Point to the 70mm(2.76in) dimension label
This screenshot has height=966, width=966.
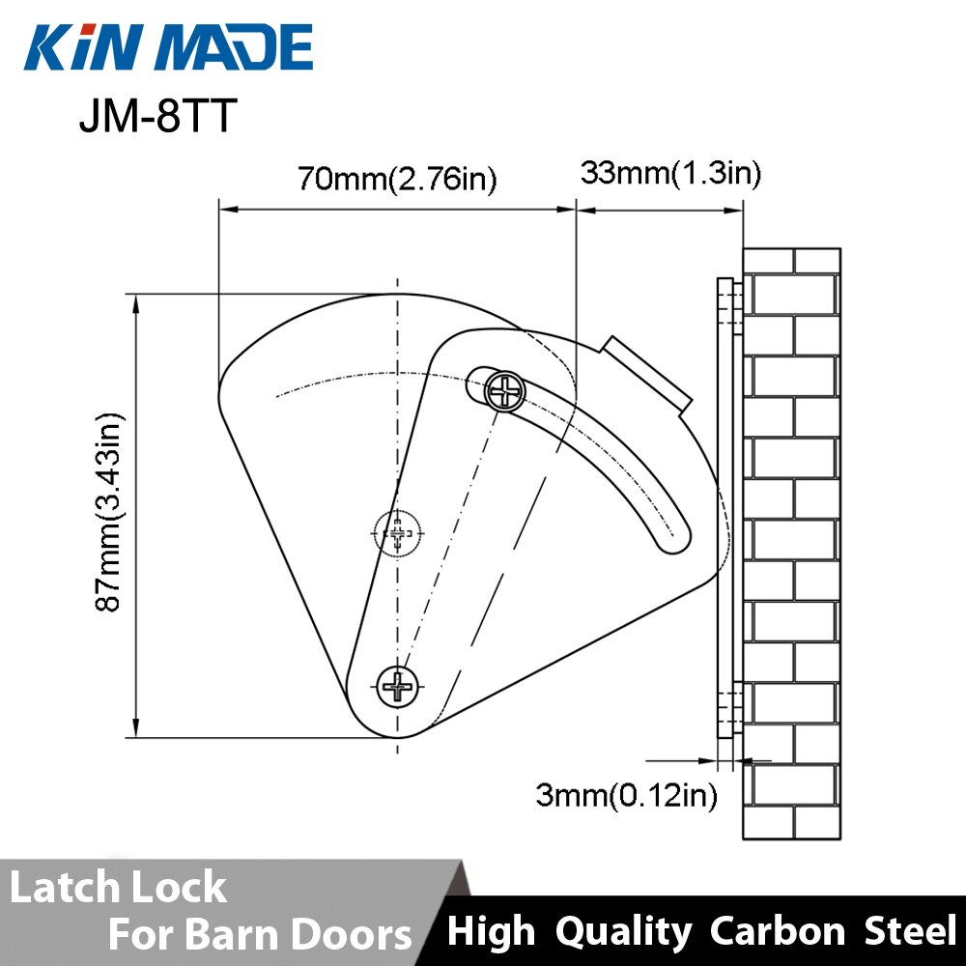point(397,180)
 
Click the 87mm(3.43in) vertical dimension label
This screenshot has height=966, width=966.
point(109,513)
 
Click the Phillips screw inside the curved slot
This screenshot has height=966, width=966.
point(505,391)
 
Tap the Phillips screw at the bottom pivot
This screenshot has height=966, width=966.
point(397,686)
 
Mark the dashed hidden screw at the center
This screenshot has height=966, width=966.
point(397,532)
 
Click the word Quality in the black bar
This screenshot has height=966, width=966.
point(623,931)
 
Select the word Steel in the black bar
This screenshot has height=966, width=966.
point(908,931)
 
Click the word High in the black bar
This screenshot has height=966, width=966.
point(491,931)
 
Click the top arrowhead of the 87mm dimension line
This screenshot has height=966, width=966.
point(136,301)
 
